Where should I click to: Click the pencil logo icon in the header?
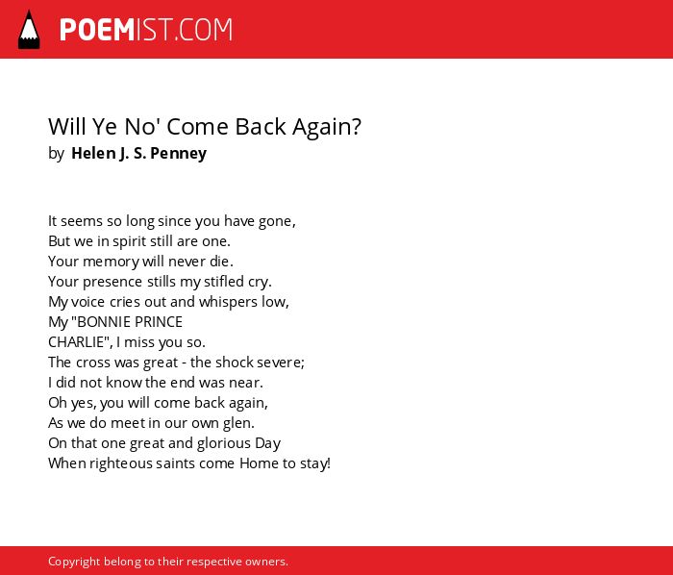pos(29,30)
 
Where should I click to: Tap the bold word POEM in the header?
pos(97,30)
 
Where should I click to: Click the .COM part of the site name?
pos(203,30)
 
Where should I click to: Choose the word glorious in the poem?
pos(224,443)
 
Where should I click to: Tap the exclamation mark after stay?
pos(329,463)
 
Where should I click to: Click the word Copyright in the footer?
pos(74,562)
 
